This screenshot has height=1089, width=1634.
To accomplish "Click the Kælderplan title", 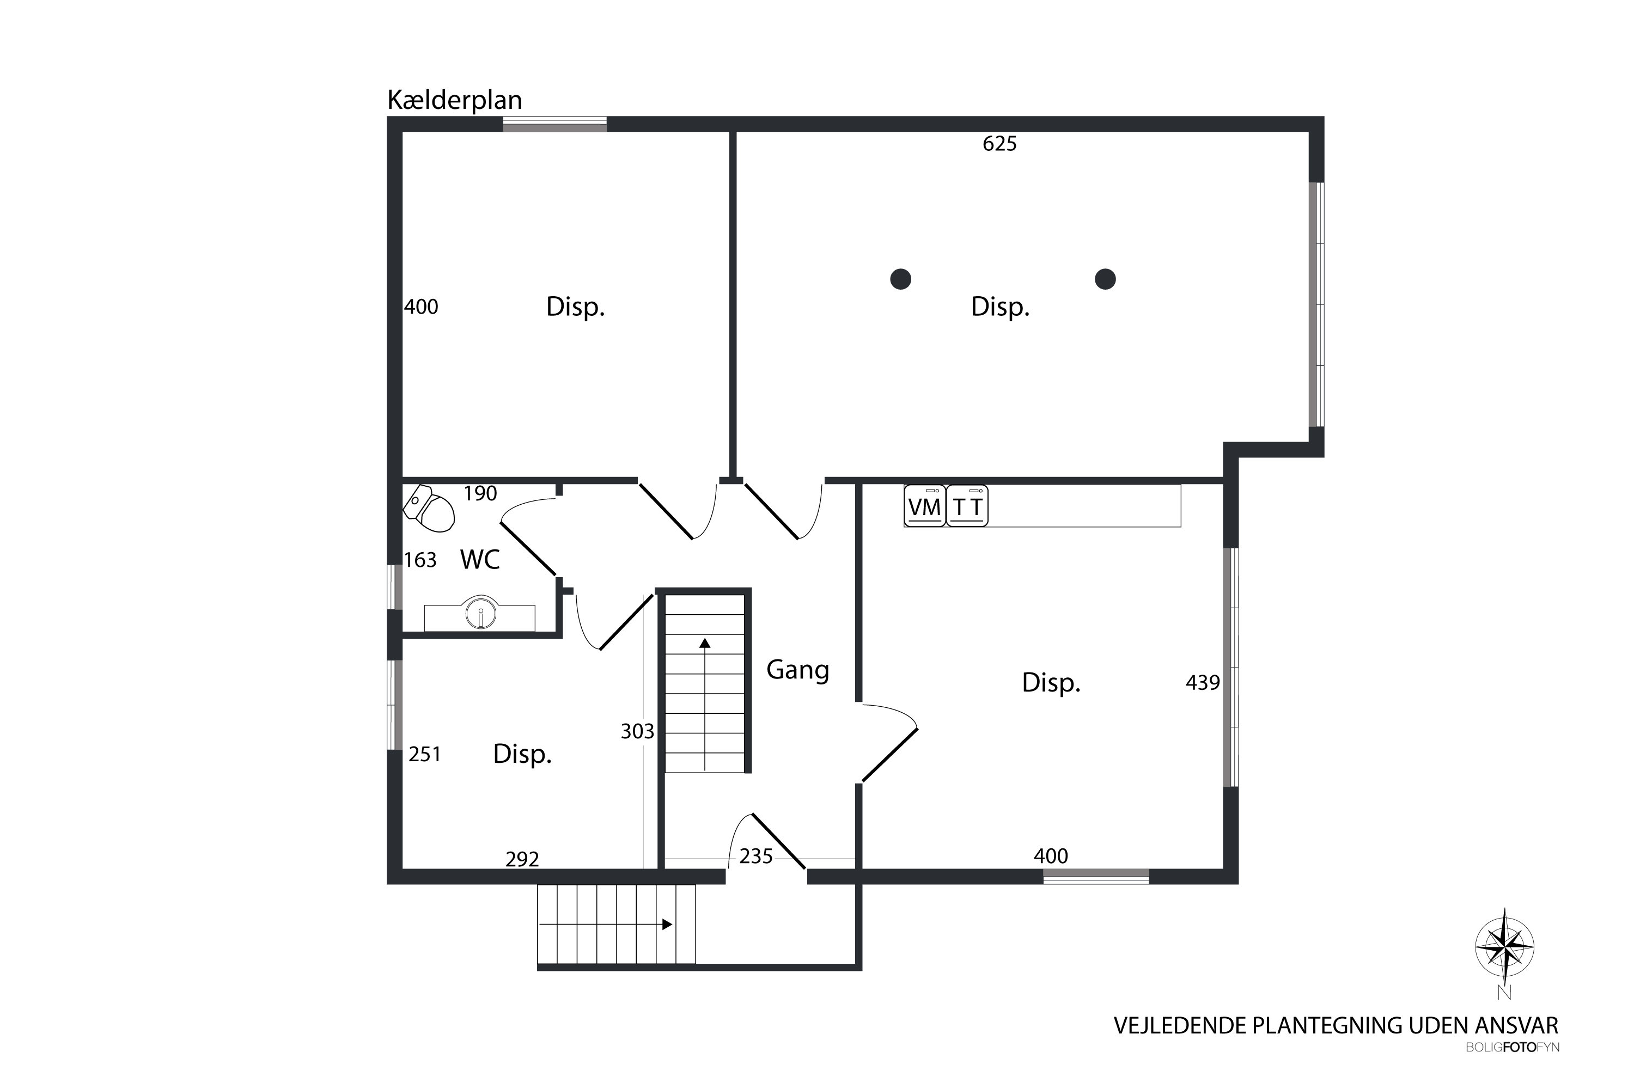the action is coord(454,101).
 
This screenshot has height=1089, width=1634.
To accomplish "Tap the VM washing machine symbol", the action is coord(925,506).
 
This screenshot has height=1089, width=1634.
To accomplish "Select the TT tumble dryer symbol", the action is coord(967,506).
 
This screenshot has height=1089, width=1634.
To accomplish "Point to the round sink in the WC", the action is coord(481,613).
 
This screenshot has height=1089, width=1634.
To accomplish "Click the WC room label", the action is coord(480,559).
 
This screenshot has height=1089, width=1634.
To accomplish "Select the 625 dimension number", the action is coord(999,144).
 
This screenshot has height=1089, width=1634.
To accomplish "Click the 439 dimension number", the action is coord(1203,683).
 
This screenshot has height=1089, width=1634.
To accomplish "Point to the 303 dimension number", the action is coord(637,731).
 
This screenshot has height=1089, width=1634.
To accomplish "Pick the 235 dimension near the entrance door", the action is coord(756,856).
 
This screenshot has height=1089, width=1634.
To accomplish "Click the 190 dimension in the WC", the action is coord(480,494).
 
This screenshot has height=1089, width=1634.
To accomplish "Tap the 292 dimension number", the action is coord(522,859).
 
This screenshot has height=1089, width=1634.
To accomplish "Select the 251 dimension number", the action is coord(424,754).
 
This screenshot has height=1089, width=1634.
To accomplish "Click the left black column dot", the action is coord(900,279).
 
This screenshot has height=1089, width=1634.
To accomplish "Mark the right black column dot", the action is coord(1105,279).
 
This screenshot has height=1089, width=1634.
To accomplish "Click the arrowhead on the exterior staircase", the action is coord(667,925).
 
